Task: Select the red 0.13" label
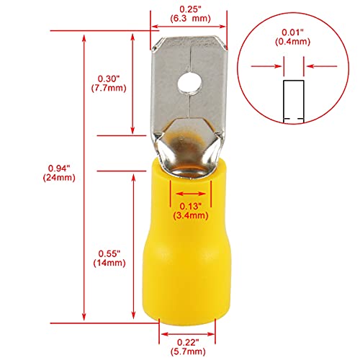click(x=190, y=204)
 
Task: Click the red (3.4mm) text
click(x=190, y=214)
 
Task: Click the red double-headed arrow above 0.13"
click(x=190, y=194)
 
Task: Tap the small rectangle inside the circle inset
click(x=292, y=101)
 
